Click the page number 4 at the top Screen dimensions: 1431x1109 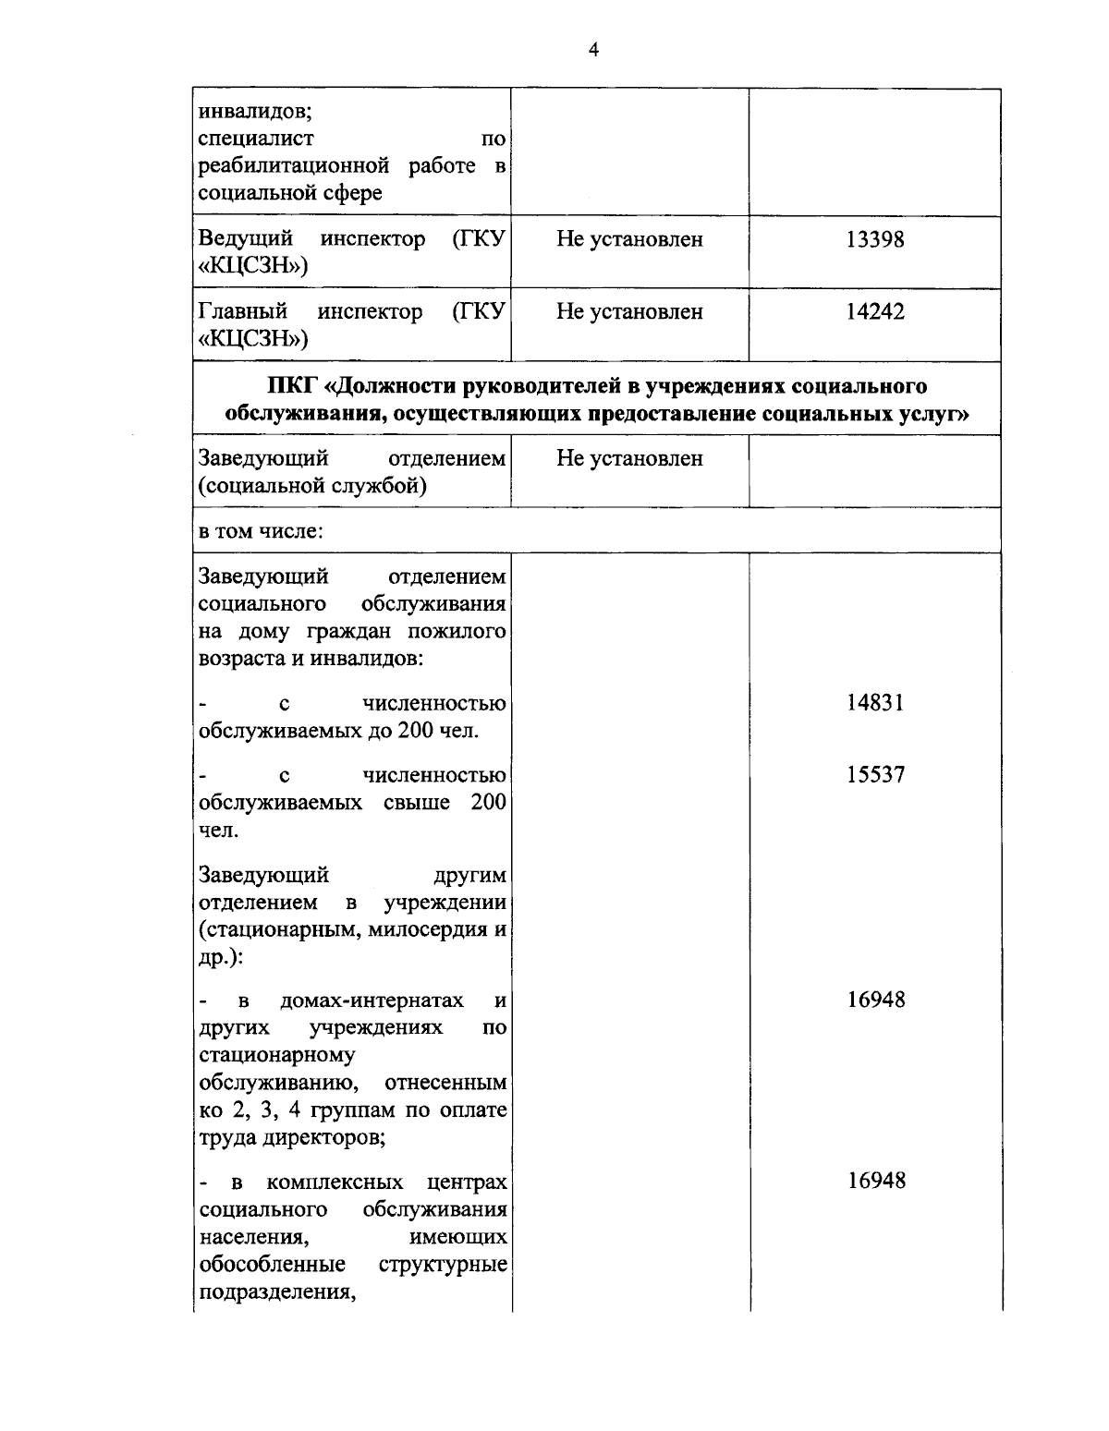tap(593, 50)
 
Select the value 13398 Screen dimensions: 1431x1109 tap(874, 239)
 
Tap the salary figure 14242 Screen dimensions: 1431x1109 tap(874, 311)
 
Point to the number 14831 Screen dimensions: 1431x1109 tap(874, 703)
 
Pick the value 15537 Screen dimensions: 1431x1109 tap(874, 775)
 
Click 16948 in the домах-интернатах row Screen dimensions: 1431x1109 tap(874, 1000)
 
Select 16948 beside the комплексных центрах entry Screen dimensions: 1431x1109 tap(874, 1181)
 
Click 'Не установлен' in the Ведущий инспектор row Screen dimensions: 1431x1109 tap(629, 239)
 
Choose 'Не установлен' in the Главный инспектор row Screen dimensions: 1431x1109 tap(629, 311)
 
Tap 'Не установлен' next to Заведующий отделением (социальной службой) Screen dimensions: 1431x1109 tap(629, 458)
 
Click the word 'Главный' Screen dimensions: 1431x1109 tap(243, 311)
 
